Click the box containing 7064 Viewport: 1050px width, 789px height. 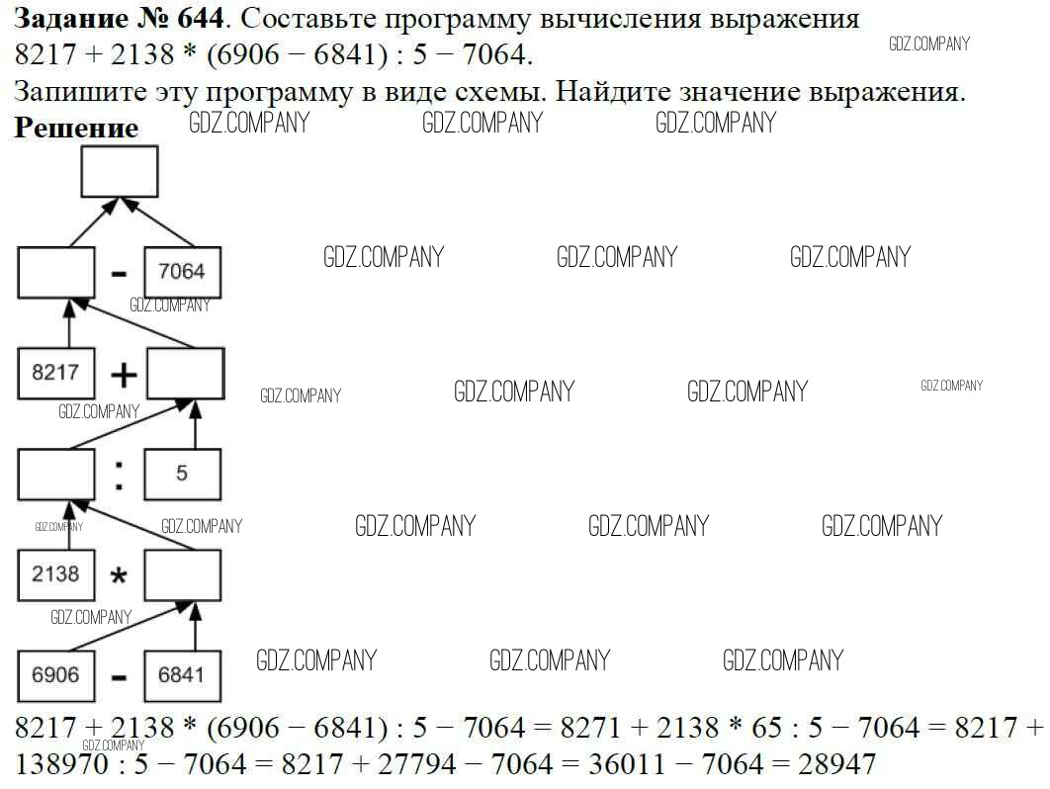(x=183, y=272)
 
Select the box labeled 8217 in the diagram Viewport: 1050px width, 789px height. (x=56, y=374)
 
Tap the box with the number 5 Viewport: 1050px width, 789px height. (x=183, y=474)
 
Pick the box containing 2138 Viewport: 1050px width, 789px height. (x=56, y=574)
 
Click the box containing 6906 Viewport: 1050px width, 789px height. (x=56, y=676)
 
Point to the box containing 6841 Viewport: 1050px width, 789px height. (x=183, y=676)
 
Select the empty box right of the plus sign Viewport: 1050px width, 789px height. (x=186, y=374)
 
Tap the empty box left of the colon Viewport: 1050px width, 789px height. (x=56, y=474)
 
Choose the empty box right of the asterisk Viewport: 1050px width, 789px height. (x=183, y=574)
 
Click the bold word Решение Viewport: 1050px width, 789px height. (x=77, y=129)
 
